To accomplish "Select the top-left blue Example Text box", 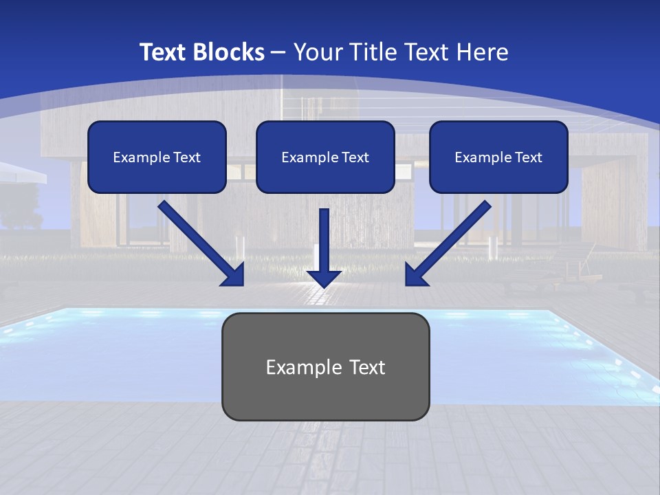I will pos(157,157).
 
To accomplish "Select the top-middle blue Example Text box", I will pos(325,157).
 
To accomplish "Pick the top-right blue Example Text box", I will pos(498,157).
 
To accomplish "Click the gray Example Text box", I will pos(325,366).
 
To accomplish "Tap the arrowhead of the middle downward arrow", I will pos(324,278).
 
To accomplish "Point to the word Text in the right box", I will pos(527,157).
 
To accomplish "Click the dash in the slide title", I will pos(279,53).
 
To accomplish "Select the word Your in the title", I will pos(317,52).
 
